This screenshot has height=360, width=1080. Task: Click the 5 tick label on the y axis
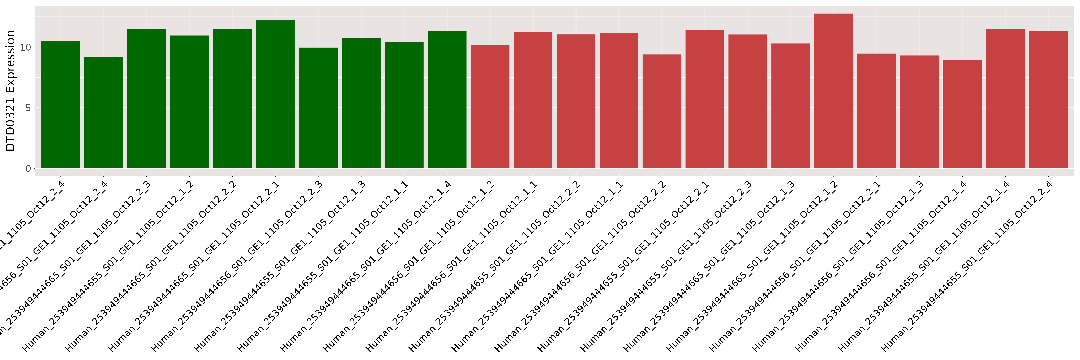pyautogui.click(x=28, y=108)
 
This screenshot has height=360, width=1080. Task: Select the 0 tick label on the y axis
pyautogui.click(x=28, y=168)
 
